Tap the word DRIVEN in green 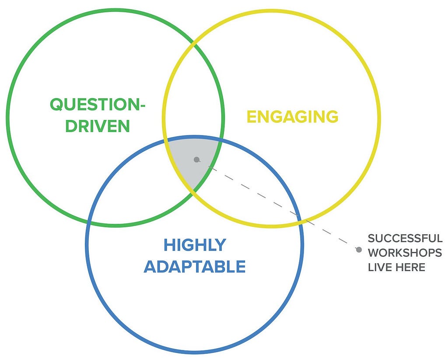tap(98, 126)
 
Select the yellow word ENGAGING tap(293, 116)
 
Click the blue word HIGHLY tap(195, 245)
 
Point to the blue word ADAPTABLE tap(195, 267)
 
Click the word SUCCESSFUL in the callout tap(405, 238)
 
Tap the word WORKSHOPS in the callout tap(405, 253)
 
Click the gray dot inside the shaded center tap(196, 159)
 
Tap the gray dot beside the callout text tap(359, 250)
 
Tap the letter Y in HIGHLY tap(220, 245)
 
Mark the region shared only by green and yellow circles tap(193, 92)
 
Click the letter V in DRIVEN tap(102, 126)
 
